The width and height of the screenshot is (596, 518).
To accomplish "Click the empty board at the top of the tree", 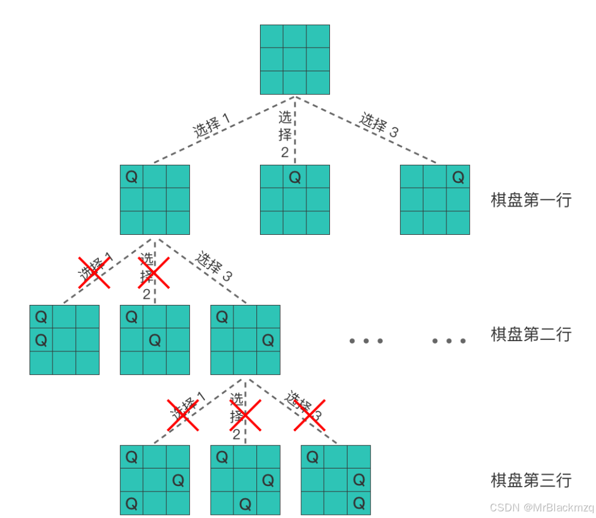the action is [x=295, y=59].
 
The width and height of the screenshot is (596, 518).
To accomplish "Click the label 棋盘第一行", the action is [x=530, y=200].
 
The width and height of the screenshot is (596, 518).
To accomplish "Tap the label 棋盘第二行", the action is [x=530, y=334].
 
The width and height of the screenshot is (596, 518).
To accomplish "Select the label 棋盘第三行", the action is [x=530, y=481].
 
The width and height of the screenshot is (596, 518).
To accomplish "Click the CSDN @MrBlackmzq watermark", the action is [x=541, y=507].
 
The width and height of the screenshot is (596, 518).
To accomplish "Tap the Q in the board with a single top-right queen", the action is [x=458, y=177].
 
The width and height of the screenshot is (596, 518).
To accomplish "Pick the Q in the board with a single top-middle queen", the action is [x=295, y=177].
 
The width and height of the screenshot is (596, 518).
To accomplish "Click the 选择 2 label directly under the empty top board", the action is [x=285, y=134].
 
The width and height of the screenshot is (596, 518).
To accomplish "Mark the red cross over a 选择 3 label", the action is [x=309, y=415].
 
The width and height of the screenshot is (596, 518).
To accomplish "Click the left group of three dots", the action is [x=366, y=341].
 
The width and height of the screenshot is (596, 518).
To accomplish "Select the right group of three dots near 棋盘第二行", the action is [x=449, y=341].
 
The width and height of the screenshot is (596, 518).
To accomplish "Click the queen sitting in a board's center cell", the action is [x=155, y=341].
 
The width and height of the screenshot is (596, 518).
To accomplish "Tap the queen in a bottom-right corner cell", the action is [x=359, y=503].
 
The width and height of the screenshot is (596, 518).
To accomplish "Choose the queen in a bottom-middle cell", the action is [x=246, y=503].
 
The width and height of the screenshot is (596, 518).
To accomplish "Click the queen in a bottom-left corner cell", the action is [x=132, y=503].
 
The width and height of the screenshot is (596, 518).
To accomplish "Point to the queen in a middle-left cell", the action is [x=41, y=341].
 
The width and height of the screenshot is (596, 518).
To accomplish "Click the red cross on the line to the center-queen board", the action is [x=153, y=272].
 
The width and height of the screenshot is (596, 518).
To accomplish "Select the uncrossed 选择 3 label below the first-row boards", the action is [x=214, y=266].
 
